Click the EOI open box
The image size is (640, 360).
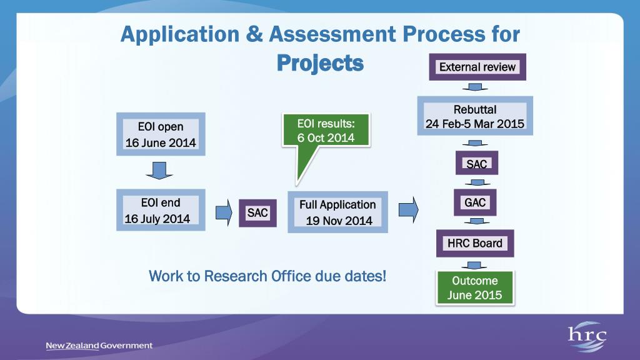pyautogui.click(x=161, y=134)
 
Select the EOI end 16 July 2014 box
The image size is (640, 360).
pyautogui.click(x=161, y=211)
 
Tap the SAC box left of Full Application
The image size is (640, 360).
pyautogui.click(x=257, y=213)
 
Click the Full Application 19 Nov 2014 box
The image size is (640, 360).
pyautogui.click(x=337, y=212)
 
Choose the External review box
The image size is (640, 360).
pyautogui.click(x=477, y=67)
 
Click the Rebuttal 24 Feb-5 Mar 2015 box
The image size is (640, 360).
pyautogui.click(x=475, y=116)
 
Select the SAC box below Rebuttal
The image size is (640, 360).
pyautogui.click(x=477, y=164)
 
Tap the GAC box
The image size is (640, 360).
pyautogui.click(x=475, y=202)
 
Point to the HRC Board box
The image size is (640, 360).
pyautogui.click(x=475, y=243)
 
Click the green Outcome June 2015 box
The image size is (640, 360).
pyautogui.click(x=475, y=288)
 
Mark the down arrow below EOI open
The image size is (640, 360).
pyautogui.click(x=160, y=169)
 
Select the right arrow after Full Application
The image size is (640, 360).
pyautogui.click(x=408, y=209)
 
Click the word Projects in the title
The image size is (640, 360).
pyautogui.click(x=320, y=62)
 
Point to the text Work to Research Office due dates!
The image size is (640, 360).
pyautogui.click(x=267, y=276)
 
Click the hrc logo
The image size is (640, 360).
pyautogui.click(x=587, y=338)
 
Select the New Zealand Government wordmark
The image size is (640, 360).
pyautogui.click(x=99, y=346)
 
